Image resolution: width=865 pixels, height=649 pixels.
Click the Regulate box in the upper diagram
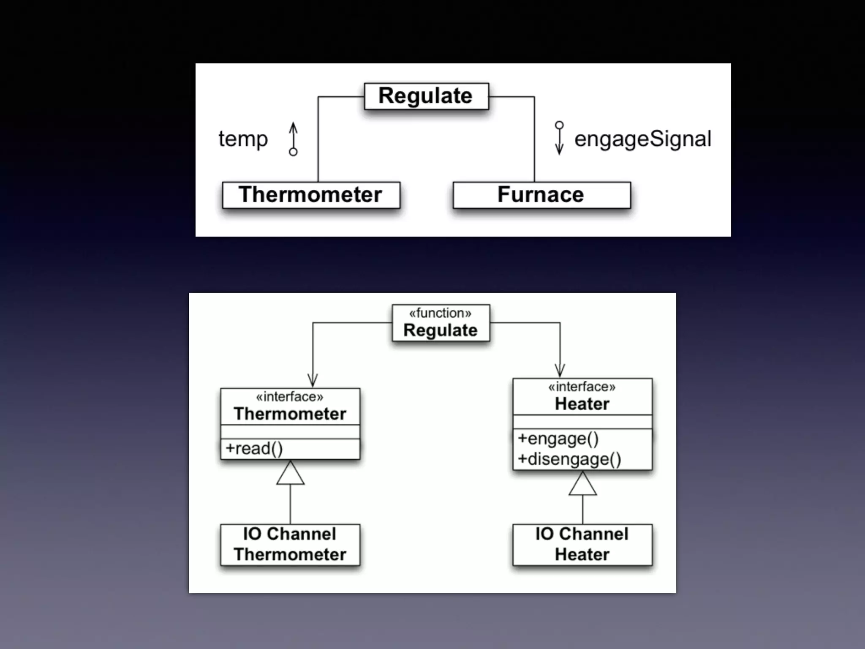point(426,96)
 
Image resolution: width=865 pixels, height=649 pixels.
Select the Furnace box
point(541,195)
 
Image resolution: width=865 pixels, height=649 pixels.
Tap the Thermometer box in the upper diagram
point(311,195)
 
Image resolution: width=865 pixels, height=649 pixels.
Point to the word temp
point(243,139)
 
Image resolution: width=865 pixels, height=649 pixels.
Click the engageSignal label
point(642,139)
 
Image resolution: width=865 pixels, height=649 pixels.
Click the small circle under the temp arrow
point(293,152)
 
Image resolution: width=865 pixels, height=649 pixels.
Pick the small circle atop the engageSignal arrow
point(559,125)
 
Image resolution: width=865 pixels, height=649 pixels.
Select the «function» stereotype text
point(440,313)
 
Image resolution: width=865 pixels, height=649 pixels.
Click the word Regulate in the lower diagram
point(440,330)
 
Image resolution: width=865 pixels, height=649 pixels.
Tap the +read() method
point(254,449)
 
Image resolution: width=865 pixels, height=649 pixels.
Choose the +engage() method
point(558,439)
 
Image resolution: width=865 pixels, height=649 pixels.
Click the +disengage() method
point(569,459)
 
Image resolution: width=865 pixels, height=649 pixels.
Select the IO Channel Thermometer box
point(290,545)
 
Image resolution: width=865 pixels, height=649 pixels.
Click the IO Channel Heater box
point(582,545)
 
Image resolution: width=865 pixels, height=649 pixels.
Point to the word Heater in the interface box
point(582,404)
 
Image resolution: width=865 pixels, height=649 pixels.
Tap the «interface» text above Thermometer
point(290,397)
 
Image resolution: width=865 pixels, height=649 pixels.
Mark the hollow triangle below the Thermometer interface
point(290,474)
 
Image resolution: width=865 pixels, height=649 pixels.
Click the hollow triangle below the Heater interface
point(582,484)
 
